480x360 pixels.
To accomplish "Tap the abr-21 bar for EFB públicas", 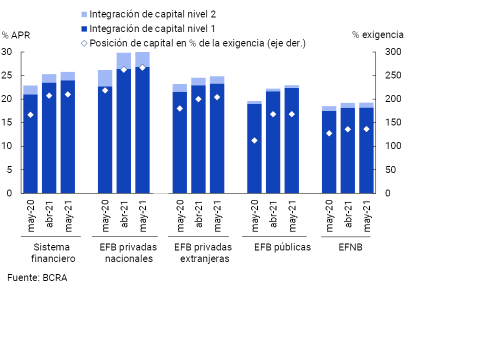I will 273,142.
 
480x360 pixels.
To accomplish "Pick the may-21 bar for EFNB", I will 366,150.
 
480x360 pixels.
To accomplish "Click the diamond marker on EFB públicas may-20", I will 254,140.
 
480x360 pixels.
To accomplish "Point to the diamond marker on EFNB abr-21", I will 348,129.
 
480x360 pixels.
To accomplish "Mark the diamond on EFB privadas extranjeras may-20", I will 180,108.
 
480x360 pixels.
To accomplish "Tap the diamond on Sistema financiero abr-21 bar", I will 49,95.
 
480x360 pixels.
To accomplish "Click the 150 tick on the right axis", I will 392,122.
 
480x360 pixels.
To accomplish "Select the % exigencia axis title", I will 377,35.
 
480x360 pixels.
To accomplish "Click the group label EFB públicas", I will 282,247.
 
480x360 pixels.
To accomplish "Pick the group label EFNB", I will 348,247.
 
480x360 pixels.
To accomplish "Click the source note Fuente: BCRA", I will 37,278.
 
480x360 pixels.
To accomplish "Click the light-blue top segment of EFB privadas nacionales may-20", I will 105,78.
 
